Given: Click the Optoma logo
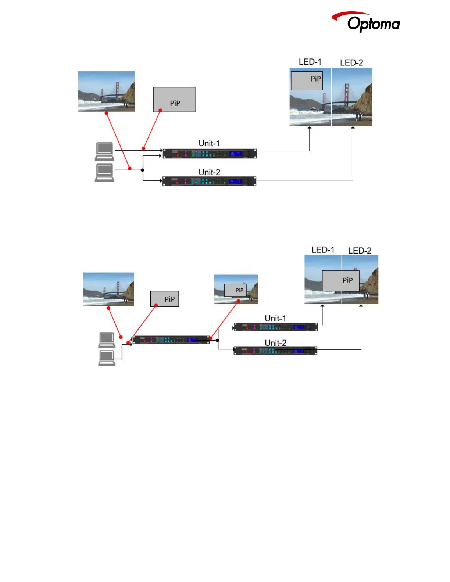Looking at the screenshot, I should (x=366, y=22).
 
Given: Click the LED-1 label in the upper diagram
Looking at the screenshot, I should (x=310, y=62).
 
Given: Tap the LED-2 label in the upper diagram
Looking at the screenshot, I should (x=351, y=63).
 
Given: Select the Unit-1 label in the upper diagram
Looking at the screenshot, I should (x=209, y=143).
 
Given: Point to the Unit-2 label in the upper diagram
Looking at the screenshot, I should (x=209, y=172).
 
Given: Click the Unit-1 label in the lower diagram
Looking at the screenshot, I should (x=275, y=318).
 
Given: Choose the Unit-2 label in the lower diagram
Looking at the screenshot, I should (x=275, y=343).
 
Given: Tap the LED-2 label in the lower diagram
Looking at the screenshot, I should (x=360, y=251).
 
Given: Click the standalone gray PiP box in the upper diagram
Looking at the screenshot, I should (x=174, y=100).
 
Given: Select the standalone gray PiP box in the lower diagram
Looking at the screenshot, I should (x=165, y=299).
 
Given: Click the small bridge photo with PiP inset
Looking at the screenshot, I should (x=236, y=289).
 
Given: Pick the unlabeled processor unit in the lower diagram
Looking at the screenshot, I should (x=171, y=340).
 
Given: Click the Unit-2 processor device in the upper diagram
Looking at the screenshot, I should (x=209, y=181).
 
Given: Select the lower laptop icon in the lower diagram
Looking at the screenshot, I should (x=107, y=358).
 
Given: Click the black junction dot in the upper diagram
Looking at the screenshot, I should (x=143, y=170).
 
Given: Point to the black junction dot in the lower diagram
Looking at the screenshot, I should (x=217, y=340).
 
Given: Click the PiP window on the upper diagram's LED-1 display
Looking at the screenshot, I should (x=307, y=80).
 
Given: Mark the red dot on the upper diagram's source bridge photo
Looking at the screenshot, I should (x=107, y=113).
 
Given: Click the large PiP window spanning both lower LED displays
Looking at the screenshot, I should (x=341, y=281).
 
